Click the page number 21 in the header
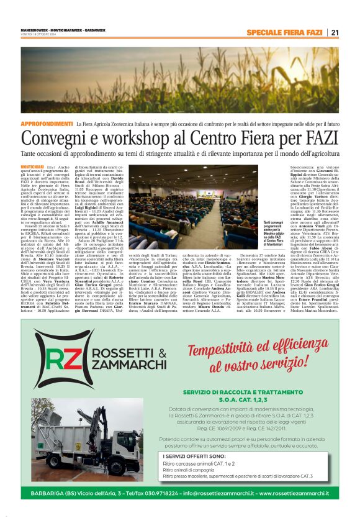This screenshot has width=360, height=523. [333, 32]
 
